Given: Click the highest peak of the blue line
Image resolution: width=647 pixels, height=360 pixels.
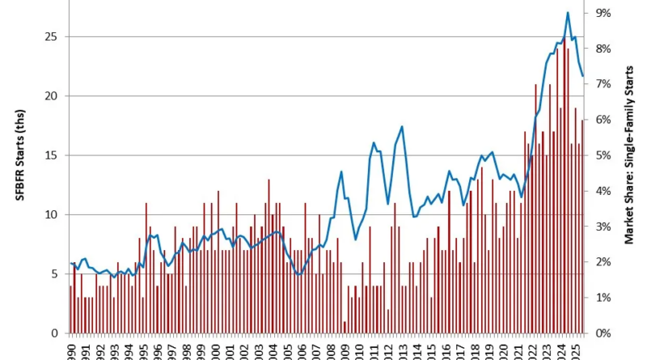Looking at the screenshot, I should tap(568, 13).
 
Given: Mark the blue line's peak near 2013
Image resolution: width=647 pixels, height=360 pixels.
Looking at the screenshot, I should tap(402, 127).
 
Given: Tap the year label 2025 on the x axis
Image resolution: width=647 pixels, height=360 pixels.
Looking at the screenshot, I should tap(574, 349).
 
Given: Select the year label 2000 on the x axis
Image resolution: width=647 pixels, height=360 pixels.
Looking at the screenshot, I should tap(216, 349).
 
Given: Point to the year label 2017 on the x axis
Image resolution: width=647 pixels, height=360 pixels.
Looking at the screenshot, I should tap(459, 349).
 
